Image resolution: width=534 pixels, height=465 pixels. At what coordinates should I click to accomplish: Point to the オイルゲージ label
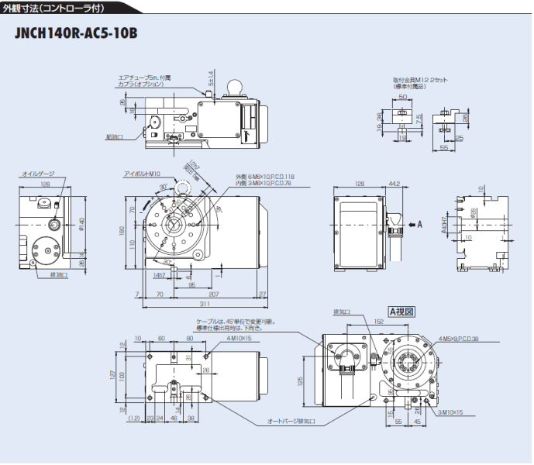(38, 174)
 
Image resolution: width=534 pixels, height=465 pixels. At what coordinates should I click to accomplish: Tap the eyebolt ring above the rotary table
(186, 188)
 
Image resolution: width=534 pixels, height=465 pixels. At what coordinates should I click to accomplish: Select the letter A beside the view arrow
(420, 225)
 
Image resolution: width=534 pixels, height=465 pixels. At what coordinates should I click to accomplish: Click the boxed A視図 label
(402, 311)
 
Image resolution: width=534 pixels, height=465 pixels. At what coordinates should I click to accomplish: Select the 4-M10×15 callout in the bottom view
(218, 338)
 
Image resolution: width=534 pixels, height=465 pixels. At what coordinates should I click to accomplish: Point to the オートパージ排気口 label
(291, 422)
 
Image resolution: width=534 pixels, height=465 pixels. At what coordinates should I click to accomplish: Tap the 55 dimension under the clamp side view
(444, 146)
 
